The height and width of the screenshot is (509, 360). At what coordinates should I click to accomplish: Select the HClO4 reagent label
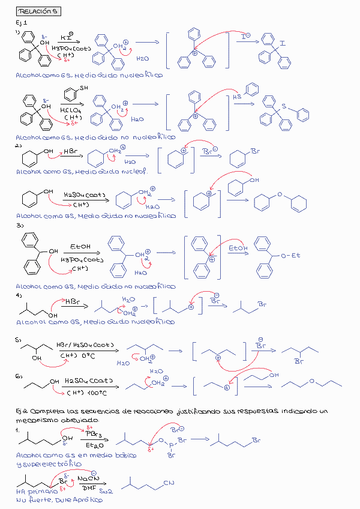pyautogui.click(x=71, y=110)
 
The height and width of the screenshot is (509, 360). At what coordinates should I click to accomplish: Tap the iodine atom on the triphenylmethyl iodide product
pyautogui.click(x=282, y=43)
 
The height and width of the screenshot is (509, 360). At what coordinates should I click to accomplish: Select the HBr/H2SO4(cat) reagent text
pyautogui.click(x=86, y=346)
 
